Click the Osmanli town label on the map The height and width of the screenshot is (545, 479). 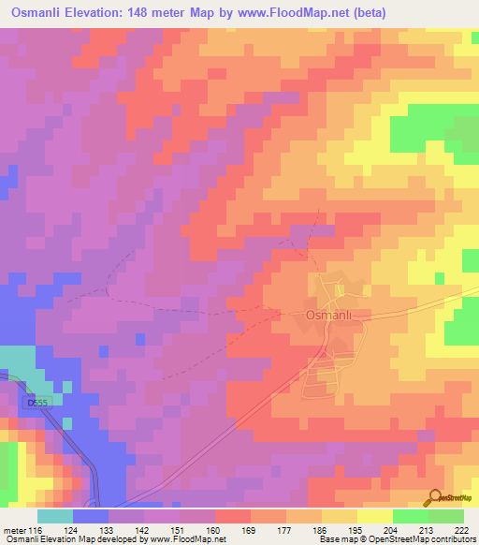point(328,316)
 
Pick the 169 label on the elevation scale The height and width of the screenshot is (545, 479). point(251,530)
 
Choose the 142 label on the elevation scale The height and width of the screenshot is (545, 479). point(144,530)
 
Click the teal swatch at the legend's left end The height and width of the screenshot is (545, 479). point(55,516)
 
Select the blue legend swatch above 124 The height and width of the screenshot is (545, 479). point(91,516)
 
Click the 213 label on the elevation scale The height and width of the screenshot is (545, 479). point(428,530)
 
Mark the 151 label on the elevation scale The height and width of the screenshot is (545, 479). point(180,530)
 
